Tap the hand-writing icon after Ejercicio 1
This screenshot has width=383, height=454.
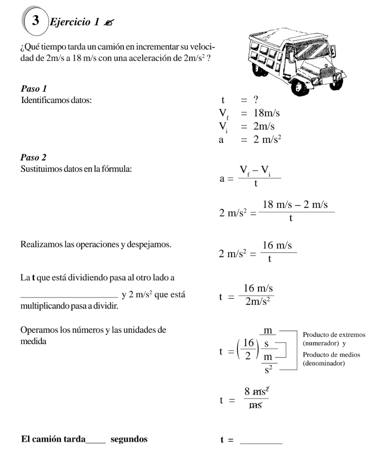tap(110, 22)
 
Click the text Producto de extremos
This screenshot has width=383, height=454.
tap(334, 335)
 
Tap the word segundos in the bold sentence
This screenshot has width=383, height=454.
tap(128, 439)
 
